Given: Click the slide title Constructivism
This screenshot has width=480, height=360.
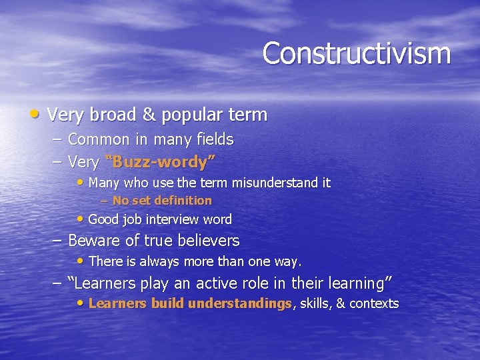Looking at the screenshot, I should click(356, 53).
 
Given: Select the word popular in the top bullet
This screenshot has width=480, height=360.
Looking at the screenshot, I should click(186, 115).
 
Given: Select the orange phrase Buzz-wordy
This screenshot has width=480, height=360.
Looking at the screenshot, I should click(159, 161).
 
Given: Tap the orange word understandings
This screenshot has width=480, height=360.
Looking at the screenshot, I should click(240, 304).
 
